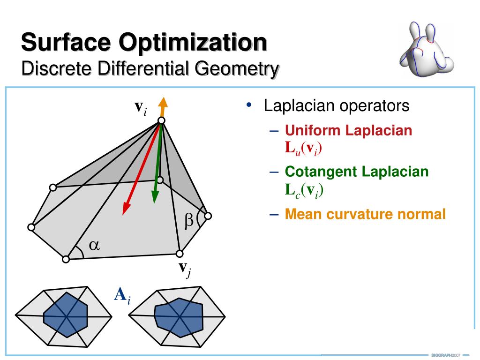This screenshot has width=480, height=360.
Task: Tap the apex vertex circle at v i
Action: point(161,121)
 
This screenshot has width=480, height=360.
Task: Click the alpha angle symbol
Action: point(94,245)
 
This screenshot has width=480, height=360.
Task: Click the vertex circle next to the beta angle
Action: point(208,216)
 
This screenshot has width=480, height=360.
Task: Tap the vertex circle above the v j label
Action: point(179,254)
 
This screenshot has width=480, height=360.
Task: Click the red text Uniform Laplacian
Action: point(349,130)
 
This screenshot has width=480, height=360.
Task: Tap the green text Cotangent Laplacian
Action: point(357,172)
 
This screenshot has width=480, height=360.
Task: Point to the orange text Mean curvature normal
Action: point(365,214)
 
